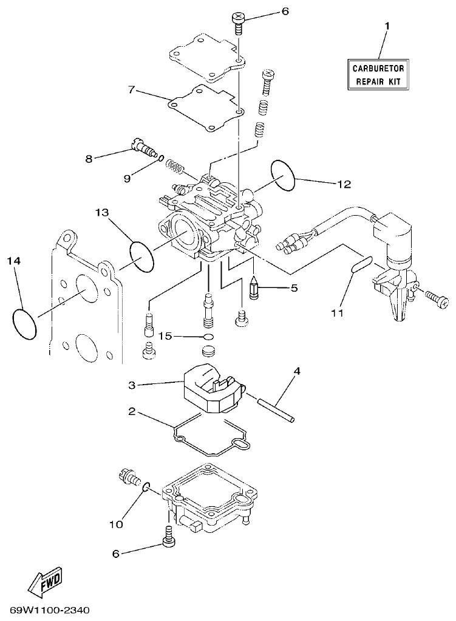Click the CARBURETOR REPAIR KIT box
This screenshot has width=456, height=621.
click(x=377, y=75)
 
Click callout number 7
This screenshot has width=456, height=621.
click(x=131, y=90)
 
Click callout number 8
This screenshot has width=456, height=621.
click(x=89, y=159)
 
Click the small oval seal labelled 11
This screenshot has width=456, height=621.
click(x=360, y=266)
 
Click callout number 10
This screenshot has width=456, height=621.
click(x=117, y=523)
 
